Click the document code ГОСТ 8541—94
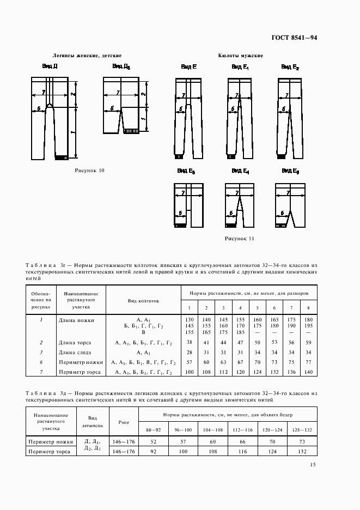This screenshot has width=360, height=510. coord(294,38)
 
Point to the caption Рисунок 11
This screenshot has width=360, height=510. coord(240,239)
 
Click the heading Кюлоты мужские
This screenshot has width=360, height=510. coord(240,56)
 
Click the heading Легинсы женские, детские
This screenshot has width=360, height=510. coord(87,56)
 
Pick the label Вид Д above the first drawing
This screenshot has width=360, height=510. coord(50,66)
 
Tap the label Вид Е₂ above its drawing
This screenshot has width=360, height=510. coord(290,66)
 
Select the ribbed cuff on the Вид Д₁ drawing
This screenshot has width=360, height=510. coord(130,131)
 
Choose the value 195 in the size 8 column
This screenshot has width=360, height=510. coord(308,325)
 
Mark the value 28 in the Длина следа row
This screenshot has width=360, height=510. coord(190,353)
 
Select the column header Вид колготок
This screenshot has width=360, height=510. coord(143,300)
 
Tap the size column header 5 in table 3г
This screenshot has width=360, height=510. coord(257,308)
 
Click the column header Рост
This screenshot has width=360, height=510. coord(123,422)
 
